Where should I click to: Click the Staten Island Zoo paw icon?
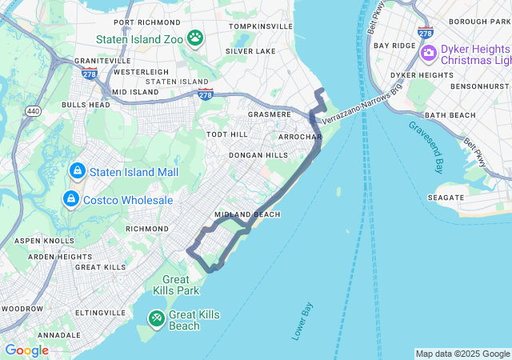pos(195,38)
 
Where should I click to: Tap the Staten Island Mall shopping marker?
pos(78,171)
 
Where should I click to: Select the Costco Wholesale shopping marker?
pos(71,198)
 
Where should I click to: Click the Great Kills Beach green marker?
pos(156,319)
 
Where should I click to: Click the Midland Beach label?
pos(247,214)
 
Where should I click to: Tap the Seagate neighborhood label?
pos(446,197)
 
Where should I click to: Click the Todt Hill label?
pos(227,134)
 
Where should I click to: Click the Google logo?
pos(26,350)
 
